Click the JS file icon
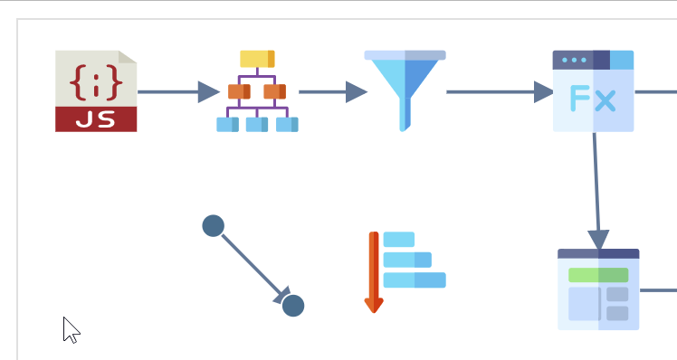point(96,91)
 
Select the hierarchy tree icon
point(257,91)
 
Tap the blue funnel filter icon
point(405,91)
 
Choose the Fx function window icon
point(593,91)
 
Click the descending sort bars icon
point(405,272)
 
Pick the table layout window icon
point(598,289)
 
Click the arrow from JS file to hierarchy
point(178,92)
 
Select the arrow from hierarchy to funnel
point(333,92)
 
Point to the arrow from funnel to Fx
point(500,92)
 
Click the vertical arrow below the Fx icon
point(596,191)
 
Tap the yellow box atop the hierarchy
point(257,59)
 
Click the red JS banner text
point(96,119)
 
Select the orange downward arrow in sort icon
point(374,272)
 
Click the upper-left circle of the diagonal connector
point(214,226)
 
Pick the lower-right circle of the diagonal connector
point(293,306)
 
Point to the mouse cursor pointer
point(71,330)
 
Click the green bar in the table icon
point(598,275)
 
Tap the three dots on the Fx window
point(574,60)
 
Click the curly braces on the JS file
point(96,82)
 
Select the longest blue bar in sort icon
point(415,280)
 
